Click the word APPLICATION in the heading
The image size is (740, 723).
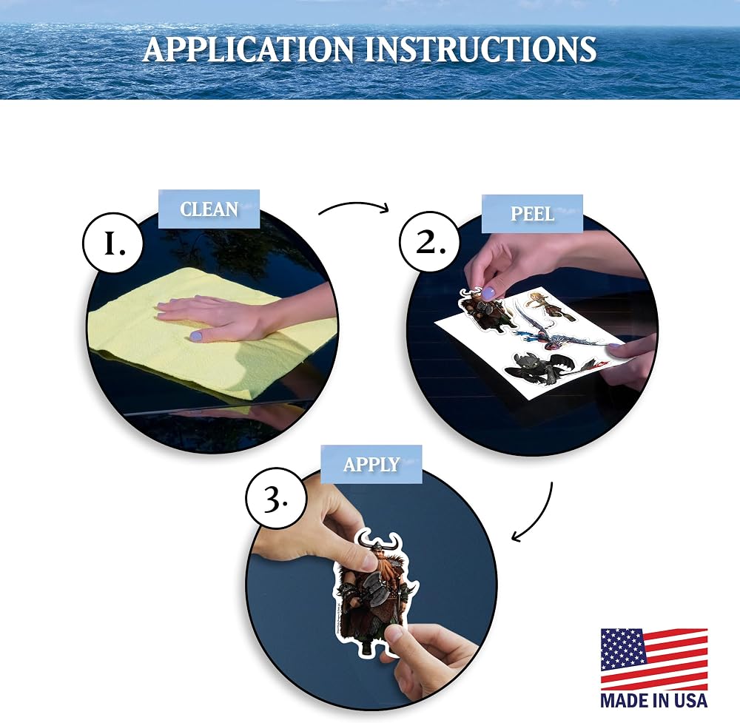coord(249,49)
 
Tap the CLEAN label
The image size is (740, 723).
coord(209,209)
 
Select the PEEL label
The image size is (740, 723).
coord(532,214)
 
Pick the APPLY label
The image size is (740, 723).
coord(371,465)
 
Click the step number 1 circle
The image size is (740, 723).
coord(113,243)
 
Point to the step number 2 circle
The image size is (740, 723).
coord(430,242)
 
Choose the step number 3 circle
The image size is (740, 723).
coord(275,498)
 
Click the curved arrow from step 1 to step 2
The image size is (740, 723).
coord(354,204)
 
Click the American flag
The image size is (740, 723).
coord(654,659)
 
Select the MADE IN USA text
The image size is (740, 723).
coord(654,700)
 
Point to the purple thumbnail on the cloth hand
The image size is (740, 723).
coord(195,336)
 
